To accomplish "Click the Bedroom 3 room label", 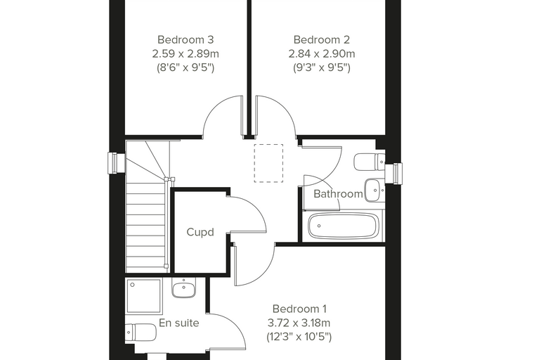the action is click(185, 40).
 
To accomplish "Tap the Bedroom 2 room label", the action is click(322, 40).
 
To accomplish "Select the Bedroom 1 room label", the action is click(299, 309).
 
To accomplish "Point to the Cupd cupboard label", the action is click(200, 232).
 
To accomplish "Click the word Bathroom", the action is click(338, 194).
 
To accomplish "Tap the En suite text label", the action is click(178, 323).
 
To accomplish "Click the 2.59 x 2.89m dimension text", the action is click(185, 54).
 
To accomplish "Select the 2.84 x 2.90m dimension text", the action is click(322, 54).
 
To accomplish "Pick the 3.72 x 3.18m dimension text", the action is click(299, 323).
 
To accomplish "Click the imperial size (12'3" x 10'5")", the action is click(299, 337).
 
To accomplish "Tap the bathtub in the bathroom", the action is click(344, 226).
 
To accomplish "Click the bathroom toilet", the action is click(370, 162).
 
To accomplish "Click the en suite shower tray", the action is click(144, 296).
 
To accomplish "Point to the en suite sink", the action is click(184, 288).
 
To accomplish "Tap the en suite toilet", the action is click(141, 333).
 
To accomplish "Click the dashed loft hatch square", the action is click(268, 163).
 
